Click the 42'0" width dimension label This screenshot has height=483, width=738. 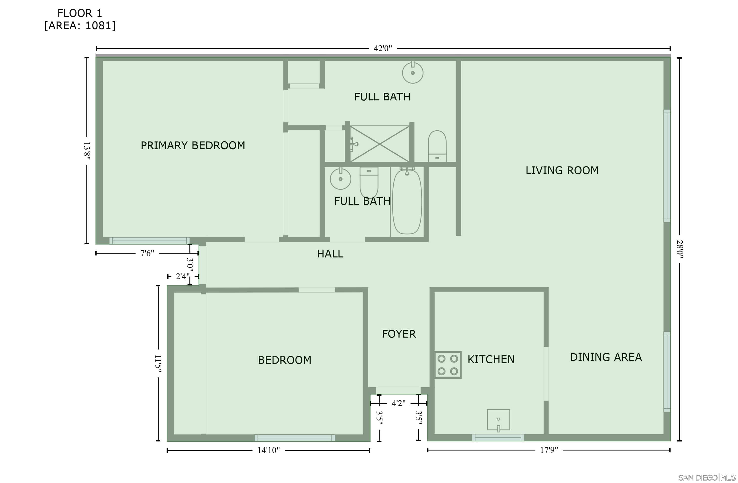click(x=383, y=48)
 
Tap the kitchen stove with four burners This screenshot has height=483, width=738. click(x=448, y=365)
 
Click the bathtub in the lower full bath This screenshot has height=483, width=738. click(x=407, y=201)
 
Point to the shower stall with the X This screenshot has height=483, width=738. click(x=380, y=144)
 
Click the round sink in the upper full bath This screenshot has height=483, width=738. click(x=413, y=72)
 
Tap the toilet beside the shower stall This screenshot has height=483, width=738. click(x=437, y=146)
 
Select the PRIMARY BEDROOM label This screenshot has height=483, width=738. click(x=193, y=145)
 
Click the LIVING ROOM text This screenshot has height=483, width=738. click(x=562, y=170)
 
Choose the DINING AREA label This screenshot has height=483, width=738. click(x=606, y=357)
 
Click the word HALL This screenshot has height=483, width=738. click(x=330, y=254)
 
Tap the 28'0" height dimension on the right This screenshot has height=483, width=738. click(x=679, y=249)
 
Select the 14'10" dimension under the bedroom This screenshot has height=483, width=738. click(x=269, y=450)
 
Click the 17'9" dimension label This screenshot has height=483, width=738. click(x=549, y=450)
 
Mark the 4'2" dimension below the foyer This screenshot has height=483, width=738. click(x=399, y=403)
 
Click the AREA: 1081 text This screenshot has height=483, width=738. click(x=80, y=25)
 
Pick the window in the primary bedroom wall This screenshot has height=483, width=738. click(x=149, y=241)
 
